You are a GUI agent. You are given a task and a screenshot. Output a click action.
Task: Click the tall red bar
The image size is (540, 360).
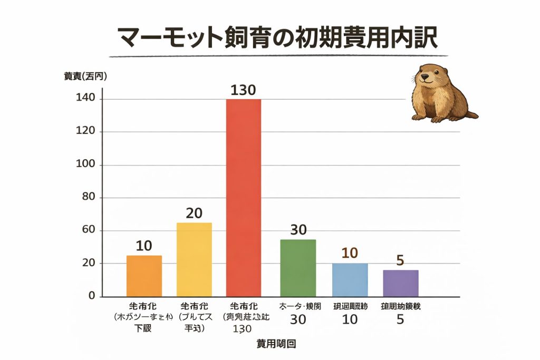click(243, 198)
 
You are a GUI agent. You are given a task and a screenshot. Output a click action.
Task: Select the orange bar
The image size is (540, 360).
click(144, 276)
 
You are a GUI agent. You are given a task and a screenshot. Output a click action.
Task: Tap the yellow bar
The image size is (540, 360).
click(194, 259)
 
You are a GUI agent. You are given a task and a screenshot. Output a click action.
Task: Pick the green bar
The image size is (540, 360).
click(297, 268)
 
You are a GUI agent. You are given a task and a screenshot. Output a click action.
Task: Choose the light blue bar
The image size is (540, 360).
click(350, 279)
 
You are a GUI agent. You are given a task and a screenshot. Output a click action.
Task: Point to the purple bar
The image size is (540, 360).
click(401, 283)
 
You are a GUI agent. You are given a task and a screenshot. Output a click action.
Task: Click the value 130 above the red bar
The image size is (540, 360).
click(243, 90)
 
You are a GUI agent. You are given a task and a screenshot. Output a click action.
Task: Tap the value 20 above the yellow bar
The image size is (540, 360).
click(194, 213)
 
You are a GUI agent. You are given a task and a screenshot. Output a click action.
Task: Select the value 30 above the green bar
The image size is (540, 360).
click(298, 230)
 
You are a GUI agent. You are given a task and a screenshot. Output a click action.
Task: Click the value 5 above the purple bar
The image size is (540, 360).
click(401, 260)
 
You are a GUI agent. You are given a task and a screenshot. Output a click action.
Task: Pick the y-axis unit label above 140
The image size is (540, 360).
click(85, 76)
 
